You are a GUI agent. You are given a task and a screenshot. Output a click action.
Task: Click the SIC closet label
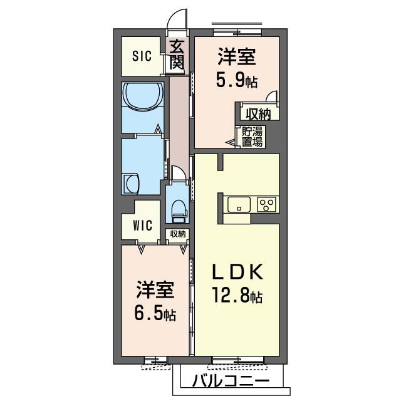coord(142,56)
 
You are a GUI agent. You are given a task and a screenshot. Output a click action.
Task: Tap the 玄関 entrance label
coord(177,55)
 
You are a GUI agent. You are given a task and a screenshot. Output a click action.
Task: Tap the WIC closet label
coord(142,226)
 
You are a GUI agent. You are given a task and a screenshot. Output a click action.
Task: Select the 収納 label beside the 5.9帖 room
coord(258,114)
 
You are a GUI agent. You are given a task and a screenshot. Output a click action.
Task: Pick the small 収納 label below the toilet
coord(177,234)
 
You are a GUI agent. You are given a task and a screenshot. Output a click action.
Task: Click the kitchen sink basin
coord(239,204)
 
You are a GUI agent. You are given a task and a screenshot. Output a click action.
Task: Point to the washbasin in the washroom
coord(131,184)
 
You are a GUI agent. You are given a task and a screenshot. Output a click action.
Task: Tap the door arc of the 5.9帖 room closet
coord(272,97)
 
